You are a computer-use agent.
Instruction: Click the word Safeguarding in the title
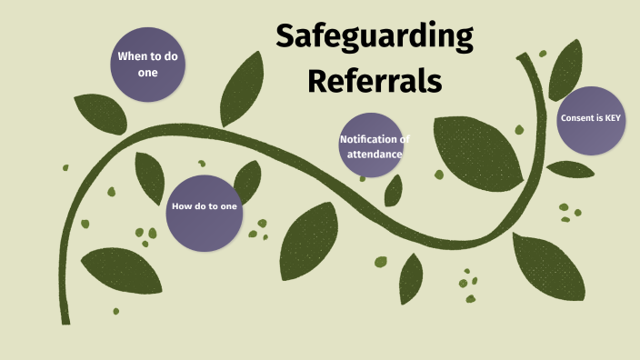(375, 37)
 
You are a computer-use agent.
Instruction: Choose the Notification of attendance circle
(370, 145)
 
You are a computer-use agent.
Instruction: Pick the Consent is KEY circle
(591, 120)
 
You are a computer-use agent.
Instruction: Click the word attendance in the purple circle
(374, 154)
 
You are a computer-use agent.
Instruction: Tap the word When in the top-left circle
(133, 56)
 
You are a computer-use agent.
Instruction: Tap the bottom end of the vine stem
(65, 318)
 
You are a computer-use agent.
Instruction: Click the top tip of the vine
(525, 58)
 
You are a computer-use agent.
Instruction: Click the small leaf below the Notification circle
(394, 190)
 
